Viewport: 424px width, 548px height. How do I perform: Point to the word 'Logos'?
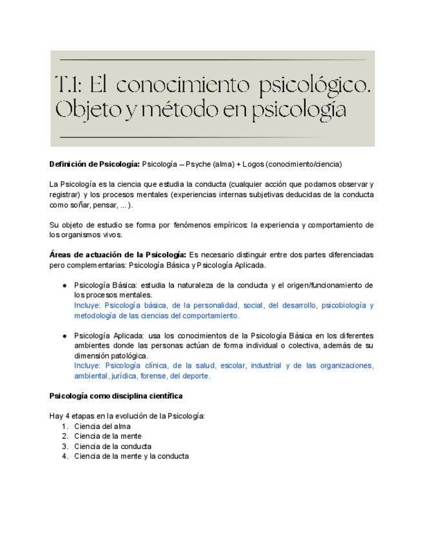tap(248, 164)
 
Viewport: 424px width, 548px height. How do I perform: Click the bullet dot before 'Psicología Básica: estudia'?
tap(65, 286)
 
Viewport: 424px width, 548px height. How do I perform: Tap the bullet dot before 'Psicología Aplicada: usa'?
tap(65, 336)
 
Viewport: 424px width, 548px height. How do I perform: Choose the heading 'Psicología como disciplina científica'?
tap(116, 395)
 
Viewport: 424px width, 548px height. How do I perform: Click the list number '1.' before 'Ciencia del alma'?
tap(65, 426)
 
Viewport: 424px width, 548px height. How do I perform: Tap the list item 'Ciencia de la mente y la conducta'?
tap(131, 456)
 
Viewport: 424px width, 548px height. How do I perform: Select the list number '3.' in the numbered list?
tap(65, 446)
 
